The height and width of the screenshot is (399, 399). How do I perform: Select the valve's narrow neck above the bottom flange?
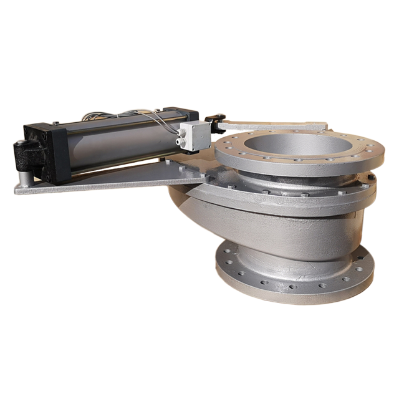point(293,249)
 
